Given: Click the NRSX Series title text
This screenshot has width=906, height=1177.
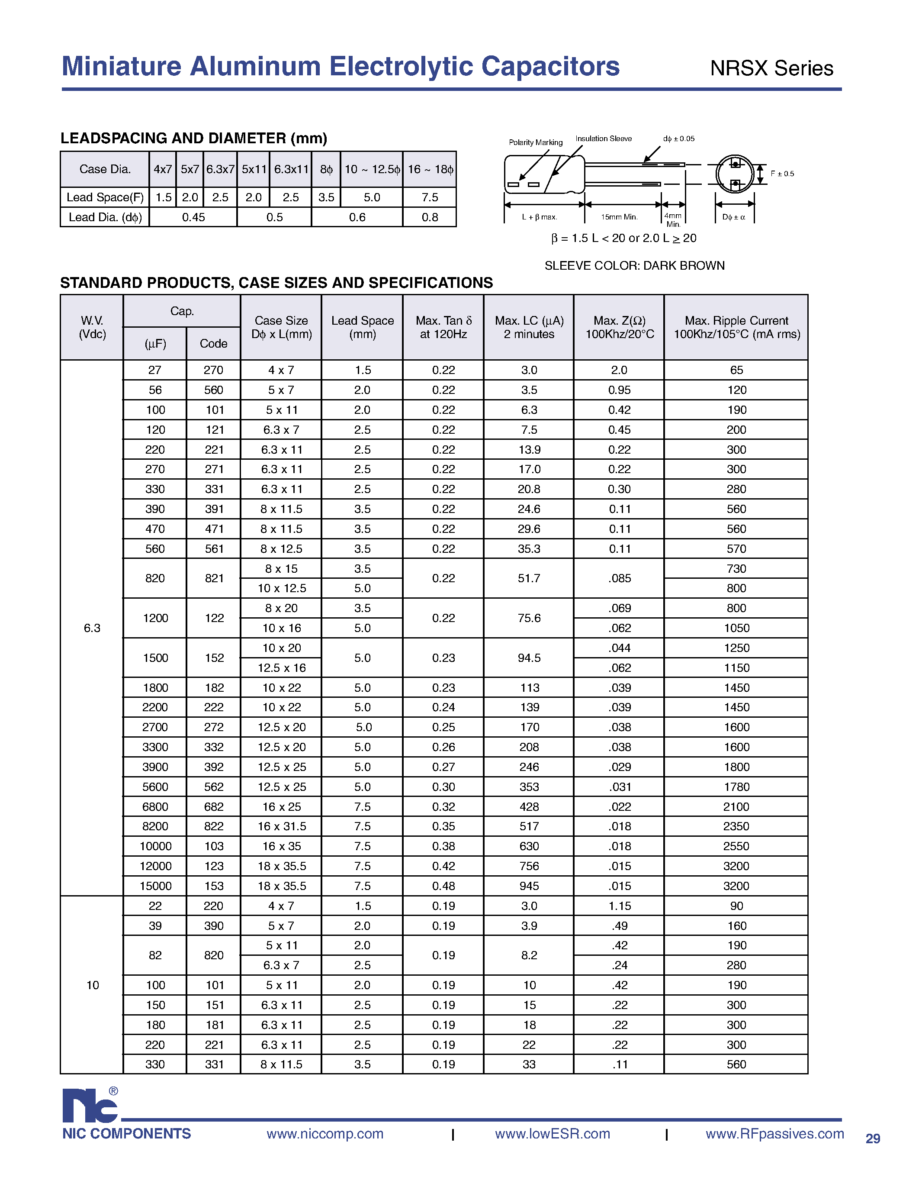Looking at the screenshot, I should coord(771,68).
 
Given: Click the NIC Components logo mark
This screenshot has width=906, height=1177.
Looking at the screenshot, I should coord(90,1105).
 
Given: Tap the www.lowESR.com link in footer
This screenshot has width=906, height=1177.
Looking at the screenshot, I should coord(552,1134).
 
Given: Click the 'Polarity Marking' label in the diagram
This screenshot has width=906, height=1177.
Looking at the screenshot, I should coord(535,142).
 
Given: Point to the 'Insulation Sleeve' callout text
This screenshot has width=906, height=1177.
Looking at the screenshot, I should coord(603,139).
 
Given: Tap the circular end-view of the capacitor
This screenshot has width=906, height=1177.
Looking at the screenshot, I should coord(735,174).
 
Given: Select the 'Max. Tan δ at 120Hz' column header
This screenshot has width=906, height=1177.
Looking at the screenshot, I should coord(443,327).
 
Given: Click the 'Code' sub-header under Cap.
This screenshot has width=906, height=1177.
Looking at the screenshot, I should coord(213,344).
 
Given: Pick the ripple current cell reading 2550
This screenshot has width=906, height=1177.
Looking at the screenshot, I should coord(736,846).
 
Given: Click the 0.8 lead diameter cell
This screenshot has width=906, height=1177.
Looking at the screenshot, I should coord(429,217).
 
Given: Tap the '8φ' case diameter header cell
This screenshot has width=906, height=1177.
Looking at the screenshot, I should coord(326,169).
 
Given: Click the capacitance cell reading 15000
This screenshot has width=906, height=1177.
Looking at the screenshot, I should coord(155,886).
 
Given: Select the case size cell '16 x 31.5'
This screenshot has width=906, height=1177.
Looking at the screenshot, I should coord(281,826).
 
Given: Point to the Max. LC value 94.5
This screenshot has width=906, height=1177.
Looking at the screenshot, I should coord(529,658).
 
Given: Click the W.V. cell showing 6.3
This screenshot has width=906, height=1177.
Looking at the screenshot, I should coord(92,628).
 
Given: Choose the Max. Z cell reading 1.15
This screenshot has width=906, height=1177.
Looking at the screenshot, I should coord(620,906).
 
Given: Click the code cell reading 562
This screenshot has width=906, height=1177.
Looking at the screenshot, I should coord(213,787).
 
